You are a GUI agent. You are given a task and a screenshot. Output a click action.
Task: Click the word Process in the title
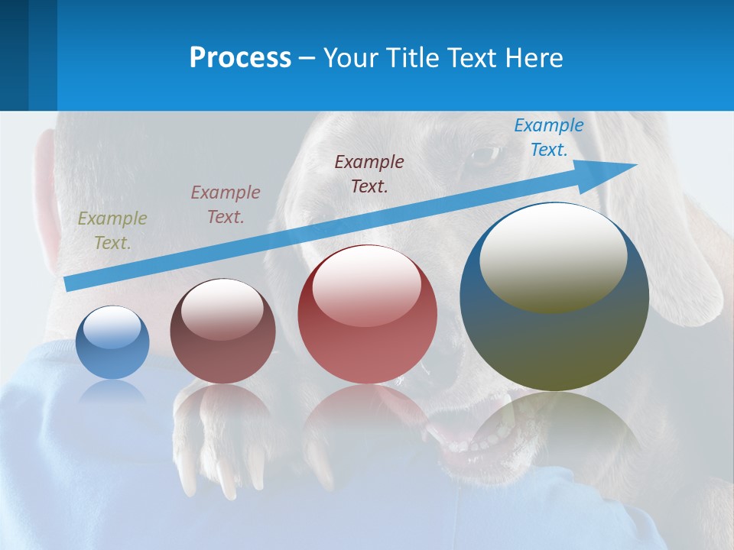[240, 58]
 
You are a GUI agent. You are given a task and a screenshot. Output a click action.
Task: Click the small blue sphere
[112, 343]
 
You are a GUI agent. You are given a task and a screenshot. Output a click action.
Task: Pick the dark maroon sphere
[222, 332]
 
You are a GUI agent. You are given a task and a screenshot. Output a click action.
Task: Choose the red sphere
[367, 315]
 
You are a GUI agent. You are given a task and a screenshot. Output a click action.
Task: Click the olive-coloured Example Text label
[112, 231]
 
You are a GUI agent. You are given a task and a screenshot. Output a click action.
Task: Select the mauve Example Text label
[226, 205]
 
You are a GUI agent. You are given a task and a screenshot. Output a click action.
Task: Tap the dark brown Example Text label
[369, 174]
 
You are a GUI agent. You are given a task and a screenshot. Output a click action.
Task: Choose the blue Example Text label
[548, 137]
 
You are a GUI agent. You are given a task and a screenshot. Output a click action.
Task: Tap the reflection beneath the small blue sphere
[112, 393]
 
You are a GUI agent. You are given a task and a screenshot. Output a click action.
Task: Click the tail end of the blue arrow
[70, 283]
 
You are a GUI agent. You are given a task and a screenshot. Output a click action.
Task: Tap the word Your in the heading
[349, 58]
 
